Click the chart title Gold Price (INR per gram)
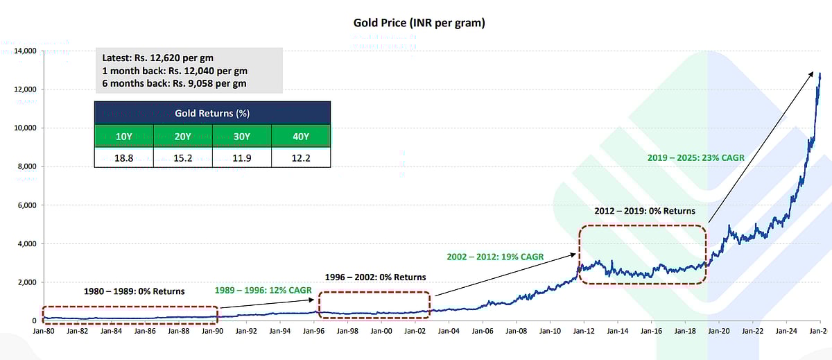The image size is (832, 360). [418, 23]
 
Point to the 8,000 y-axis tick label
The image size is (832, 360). [25, 166]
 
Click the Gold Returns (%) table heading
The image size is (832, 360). [212, 112]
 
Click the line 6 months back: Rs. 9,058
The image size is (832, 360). [173, 84]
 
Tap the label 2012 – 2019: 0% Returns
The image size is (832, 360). [645, 211]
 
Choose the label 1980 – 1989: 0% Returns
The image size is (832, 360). [134, 291]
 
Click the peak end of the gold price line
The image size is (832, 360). [820, 74]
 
